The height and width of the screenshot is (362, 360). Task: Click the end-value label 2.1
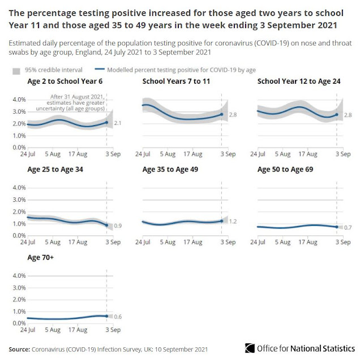point(118,123)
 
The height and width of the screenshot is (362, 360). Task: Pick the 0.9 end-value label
point(118,226)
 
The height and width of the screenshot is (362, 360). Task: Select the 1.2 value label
point(233,221)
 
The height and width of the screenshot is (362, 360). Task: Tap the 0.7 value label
point(348,227)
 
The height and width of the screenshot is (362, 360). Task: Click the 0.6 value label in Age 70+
point(118,316)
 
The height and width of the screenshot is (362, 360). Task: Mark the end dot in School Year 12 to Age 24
point(336,115)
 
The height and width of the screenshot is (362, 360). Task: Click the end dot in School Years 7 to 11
point(221,115)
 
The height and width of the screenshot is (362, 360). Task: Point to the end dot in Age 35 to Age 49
point(221,221)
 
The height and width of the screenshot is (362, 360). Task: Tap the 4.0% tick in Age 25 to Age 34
point(19,187)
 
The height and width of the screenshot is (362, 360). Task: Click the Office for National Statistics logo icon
point(250,347)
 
